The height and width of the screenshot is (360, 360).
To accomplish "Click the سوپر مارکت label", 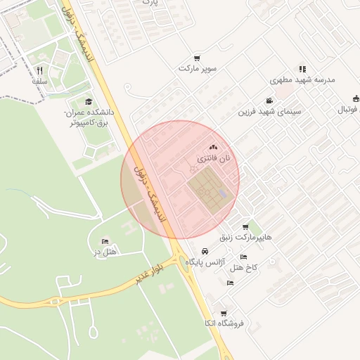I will [198, 69].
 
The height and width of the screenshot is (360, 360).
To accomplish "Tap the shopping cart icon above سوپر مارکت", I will [198, 58].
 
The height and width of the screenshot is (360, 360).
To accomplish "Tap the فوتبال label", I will [347, 110].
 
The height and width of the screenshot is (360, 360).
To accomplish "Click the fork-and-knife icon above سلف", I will [39, 70].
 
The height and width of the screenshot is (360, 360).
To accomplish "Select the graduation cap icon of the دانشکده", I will [88, 102].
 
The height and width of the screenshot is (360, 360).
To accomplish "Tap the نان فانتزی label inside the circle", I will [214, 160].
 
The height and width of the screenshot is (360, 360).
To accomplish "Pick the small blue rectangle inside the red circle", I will [223, 193].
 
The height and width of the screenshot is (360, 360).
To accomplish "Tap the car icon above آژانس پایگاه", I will [204, 251].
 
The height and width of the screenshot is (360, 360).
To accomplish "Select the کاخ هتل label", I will [245, 268].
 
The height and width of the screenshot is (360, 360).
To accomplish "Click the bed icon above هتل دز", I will [105, 241].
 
